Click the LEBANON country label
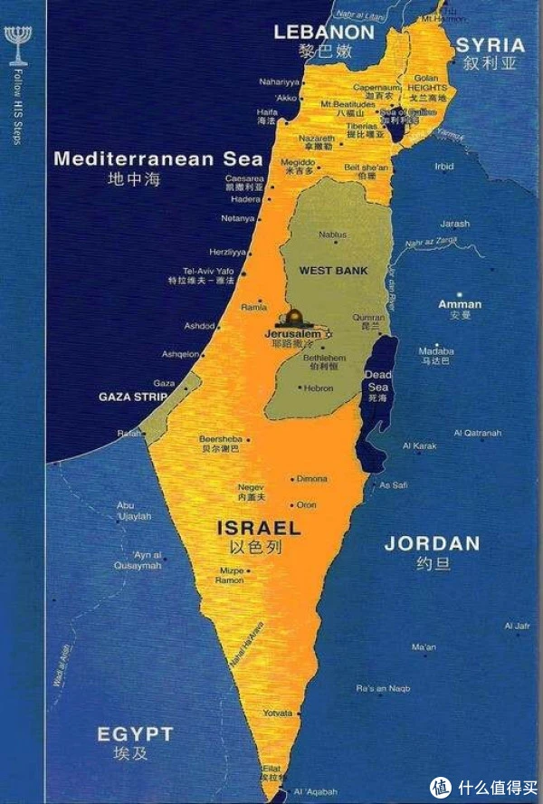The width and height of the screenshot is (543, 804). [x=324, y=32]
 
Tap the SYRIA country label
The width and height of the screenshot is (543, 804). [x=490, y=45]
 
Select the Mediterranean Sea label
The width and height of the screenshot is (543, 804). [x=144, y=159]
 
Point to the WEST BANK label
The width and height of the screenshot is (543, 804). [x=333, y=271]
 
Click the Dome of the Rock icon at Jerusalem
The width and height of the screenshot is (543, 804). [x=294, y=319]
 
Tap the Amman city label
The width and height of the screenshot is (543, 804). [x=460, y=304]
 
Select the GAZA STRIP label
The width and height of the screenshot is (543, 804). [x=128, y=397]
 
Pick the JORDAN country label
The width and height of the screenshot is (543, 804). [x=432, y=544]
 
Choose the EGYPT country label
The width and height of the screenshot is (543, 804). [x=135, y=733]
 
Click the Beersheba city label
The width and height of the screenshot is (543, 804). [x=220, y=439]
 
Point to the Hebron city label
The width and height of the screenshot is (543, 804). [x=318, y=388]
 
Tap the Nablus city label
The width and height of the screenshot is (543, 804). [x=333, y=234]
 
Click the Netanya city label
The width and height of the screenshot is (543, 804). [x=238, y=218]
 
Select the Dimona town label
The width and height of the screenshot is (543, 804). [x=313, y=478]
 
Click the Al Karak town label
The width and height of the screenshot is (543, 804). [x=420, y=445]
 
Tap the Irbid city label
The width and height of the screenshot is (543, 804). [x=443, y=167]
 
